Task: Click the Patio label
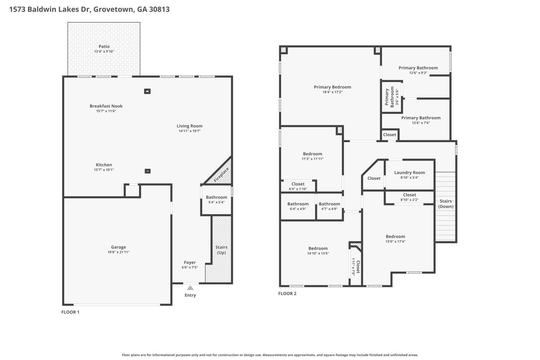[x=104, y=47]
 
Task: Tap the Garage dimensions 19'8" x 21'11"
[x=118, y=252]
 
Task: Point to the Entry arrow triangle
[x=190, y=288]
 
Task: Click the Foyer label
[x=190, y=262]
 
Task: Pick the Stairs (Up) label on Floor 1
[x=221, y=250]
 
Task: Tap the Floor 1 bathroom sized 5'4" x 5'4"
[x=216, y=200]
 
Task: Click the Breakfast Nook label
[x=106, y=106]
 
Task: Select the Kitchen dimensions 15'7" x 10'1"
[x=104, y=170]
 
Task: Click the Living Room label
[x=189, y=126]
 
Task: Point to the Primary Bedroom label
[x=333, y=87]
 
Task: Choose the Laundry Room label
[x=409, y=173]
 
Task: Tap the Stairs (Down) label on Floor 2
[x=446, y=204]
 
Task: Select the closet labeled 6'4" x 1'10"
[x=298, y=186]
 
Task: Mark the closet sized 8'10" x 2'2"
[x=409, y=197]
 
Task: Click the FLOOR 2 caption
[x=287, y=294]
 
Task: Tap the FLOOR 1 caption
[x=70, y=312]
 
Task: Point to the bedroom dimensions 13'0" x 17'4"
[x=395, y=241]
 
